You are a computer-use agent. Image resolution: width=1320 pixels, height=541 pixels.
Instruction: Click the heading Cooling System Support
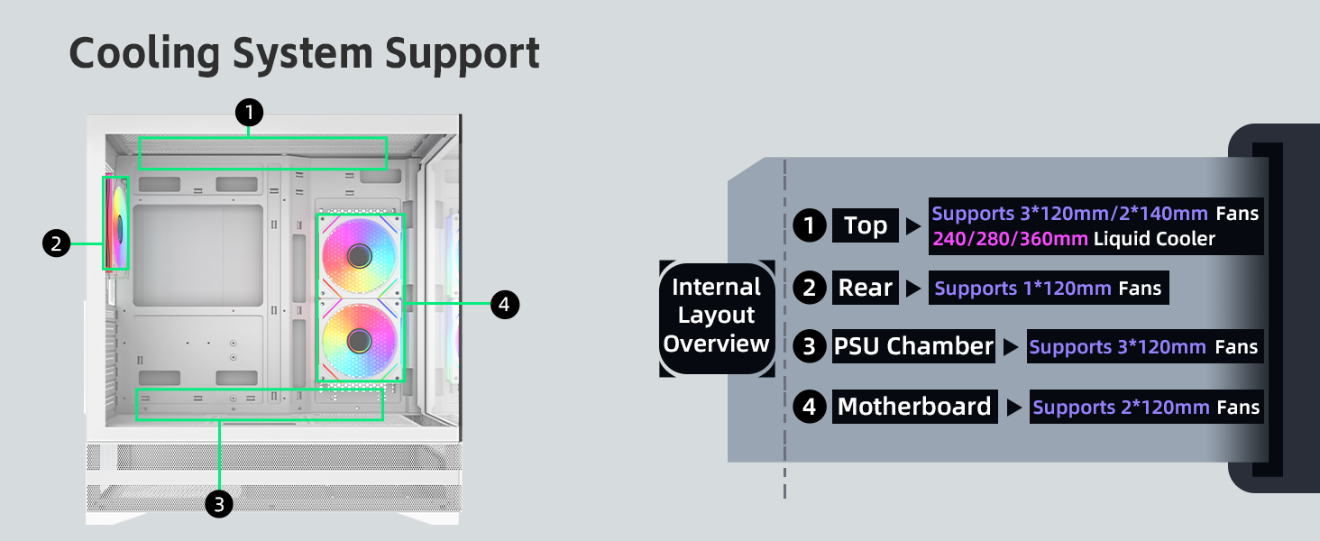click(x=304, y=53)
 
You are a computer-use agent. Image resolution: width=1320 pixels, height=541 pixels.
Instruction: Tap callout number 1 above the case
click(x=249, y=113)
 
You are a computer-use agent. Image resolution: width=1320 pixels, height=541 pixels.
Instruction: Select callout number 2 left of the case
click(x=56, y=243)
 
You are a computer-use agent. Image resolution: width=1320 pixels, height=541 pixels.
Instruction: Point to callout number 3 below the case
click(x=219, y=503)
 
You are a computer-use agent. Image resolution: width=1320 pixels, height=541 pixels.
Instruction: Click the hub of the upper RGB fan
click(x=359, y=255)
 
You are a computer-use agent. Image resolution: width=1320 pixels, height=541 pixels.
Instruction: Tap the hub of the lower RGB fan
click(x=359, y=340)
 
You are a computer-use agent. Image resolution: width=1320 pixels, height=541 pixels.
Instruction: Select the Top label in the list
click(x=866, y=225)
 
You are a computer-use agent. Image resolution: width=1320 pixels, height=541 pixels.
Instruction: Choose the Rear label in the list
click(x=865, y=288)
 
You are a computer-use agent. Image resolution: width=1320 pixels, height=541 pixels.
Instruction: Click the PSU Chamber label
click(x=913, y=346)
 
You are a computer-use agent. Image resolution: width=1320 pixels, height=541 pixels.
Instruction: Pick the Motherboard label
click(x=914, y=407)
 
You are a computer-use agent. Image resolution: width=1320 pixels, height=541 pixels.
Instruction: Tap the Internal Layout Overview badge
click(x=717, y=316)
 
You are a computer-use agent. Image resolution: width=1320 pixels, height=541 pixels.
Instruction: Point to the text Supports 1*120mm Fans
click(x=1049, y=289)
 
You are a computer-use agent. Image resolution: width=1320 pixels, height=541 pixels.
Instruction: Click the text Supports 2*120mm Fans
click(x=1146, y=408)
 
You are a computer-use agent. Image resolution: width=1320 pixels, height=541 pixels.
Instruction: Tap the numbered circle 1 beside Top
click(x=810, y=225)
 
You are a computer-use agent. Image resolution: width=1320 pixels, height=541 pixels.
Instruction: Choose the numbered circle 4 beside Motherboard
click(x=810, y=407)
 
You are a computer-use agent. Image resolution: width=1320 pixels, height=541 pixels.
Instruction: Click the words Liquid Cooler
click(x=1154, y=239)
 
